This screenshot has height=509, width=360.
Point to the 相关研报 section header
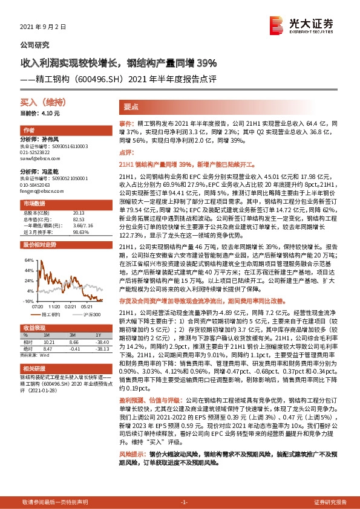point(31,368)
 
